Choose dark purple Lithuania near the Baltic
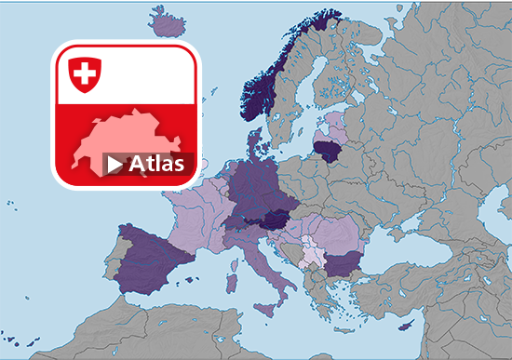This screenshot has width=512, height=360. point(327,149)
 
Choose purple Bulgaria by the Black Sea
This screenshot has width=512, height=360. point(342,264)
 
